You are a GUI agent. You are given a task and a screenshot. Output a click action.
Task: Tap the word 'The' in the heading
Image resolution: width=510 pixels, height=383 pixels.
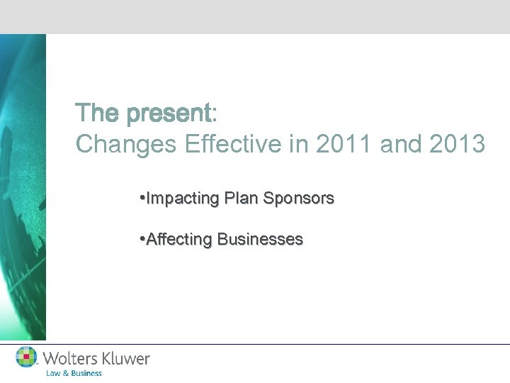[x=99, y=113]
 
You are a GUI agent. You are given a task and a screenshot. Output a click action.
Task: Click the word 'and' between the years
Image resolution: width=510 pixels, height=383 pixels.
[x=399, y=144]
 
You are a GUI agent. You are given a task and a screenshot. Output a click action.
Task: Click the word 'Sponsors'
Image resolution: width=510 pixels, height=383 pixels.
[x=298, y=199]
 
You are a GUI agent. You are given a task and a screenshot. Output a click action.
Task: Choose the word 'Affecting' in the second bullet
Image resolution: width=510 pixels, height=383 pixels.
[x=179, y=240]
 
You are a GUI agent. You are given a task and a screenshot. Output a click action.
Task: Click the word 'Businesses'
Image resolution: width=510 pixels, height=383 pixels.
[x=260, y=240]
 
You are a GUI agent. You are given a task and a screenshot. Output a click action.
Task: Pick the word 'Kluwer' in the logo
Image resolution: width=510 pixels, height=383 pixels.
[x=126, y=359]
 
